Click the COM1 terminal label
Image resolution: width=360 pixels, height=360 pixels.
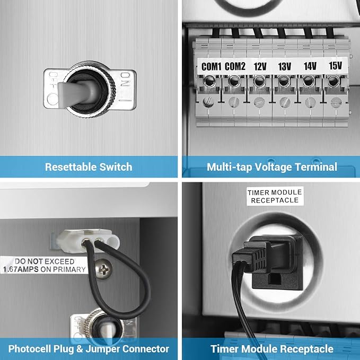point(211,67)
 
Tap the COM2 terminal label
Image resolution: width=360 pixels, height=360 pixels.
point(235,67)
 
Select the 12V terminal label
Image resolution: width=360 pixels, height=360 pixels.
point(260,67)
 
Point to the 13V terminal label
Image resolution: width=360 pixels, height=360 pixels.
point(285,67)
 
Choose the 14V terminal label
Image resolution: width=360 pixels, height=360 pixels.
point(310,66)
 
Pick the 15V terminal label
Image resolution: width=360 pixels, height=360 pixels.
point(336,66)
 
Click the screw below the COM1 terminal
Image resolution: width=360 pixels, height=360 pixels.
point(208,102)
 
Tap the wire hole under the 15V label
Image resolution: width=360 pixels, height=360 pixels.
point(333,81)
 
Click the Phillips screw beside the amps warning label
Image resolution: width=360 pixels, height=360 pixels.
point(104,269)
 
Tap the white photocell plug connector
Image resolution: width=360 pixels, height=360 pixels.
point(88,241)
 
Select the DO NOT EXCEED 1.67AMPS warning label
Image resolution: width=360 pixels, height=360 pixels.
point(44,265)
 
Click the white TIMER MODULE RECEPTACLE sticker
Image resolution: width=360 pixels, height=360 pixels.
point(275,196)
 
